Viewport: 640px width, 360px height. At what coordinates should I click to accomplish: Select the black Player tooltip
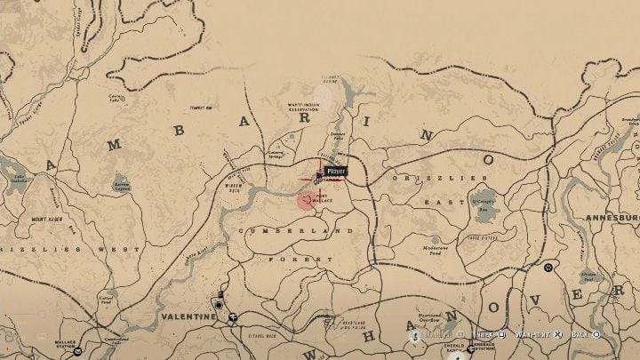coord(335,171)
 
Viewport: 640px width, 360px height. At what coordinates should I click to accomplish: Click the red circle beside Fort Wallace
coord(307,200)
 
